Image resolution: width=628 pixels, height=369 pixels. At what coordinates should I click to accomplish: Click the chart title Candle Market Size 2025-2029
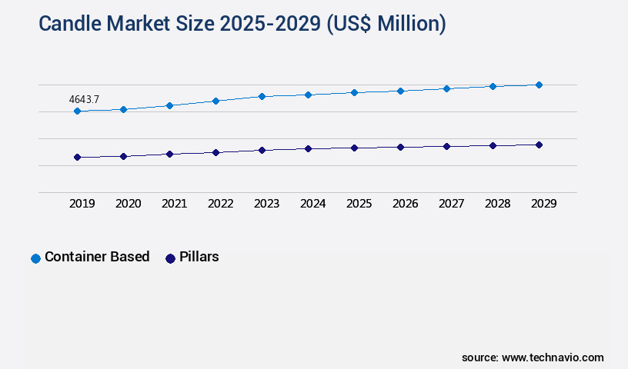242,24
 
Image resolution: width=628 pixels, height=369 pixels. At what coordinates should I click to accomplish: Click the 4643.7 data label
84,99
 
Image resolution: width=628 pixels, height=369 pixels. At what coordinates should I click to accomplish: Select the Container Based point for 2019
77,111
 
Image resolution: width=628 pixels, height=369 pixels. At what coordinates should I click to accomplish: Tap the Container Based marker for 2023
262,96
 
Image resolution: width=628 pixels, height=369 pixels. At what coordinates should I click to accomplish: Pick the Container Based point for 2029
539,85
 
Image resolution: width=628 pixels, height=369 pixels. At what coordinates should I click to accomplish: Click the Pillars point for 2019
77,157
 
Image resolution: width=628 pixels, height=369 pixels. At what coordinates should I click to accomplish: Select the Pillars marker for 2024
308,148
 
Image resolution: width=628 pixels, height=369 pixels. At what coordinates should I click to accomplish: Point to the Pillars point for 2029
539,145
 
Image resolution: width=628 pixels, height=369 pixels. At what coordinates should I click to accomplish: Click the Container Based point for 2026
400,91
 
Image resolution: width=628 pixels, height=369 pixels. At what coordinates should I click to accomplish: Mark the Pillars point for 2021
169,154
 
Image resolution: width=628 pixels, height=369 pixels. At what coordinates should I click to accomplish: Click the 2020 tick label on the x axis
128,204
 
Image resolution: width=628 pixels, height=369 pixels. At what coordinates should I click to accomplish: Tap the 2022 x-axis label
220,204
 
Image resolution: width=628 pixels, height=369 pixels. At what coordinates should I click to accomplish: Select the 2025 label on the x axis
359,204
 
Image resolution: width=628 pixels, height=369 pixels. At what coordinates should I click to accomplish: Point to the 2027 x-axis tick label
451,204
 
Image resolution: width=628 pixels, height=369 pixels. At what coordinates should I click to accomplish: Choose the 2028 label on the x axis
497,204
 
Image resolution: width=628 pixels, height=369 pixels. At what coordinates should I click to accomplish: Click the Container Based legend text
97,257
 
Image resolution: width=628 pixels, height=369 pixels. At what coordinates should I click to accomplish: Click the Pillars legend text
199,257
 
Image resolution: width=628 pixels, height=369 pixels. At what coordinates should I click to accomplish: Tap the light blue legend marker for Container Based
35,258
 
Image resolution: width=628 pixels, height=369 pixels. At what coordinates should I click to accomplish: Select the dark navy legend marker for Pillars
171,258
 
